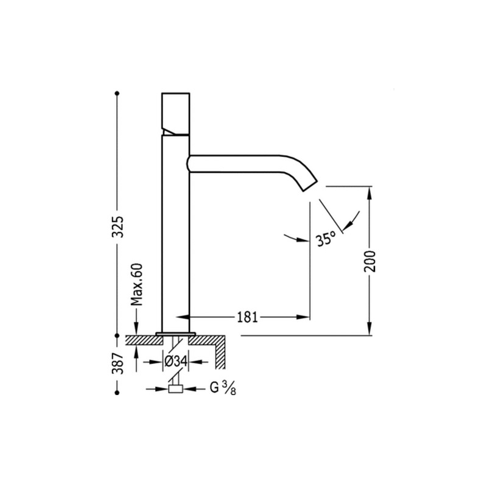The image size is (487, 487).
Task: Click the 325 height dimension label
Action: click(x=117, y=226)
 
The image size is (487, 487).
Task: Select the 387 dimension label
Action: click(x=117, y=363)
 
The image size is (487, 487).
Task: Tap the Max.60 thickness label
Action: click(x=136, y=284)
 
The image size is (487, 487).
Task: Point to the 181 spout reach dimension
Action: click(x=248, y=317)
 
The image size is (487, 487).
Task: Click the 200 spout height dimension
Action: click(x=370, y=261)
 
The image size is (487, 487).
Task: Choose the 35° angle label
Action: click(x=326, y=238)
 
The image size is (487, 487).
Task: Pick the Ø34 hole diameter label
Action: click(x=176, y=362)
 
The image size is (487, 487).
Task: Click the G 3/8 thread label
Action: click(x=223, y=388)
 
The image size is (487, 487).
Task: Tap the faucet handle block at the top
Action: click(x=176, y=113)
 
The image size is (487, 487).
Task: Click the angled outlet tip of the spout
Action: click(x=310, y=186)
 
